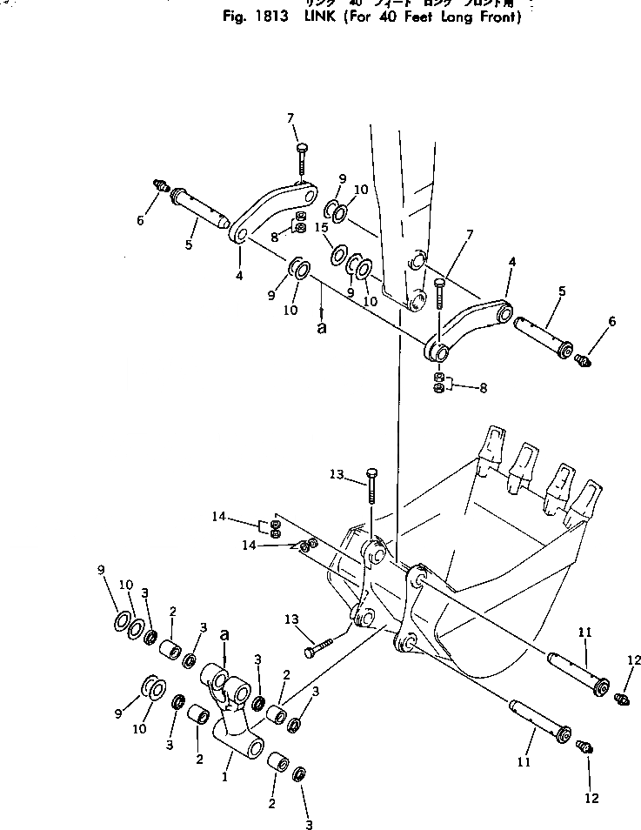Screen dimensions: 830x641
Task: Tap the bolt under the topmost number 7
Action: (x=300, y=161)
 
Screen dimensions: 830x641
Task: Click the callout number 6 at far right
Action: (x=611, y=322)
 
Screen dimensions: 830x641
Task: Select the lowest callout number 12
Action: (x=592, y=798)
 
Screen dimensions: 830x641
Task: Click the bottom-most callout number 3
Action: (x=308, y=823)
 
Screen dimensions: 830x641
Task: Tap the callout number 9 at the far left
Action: (x=103, y=570)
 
